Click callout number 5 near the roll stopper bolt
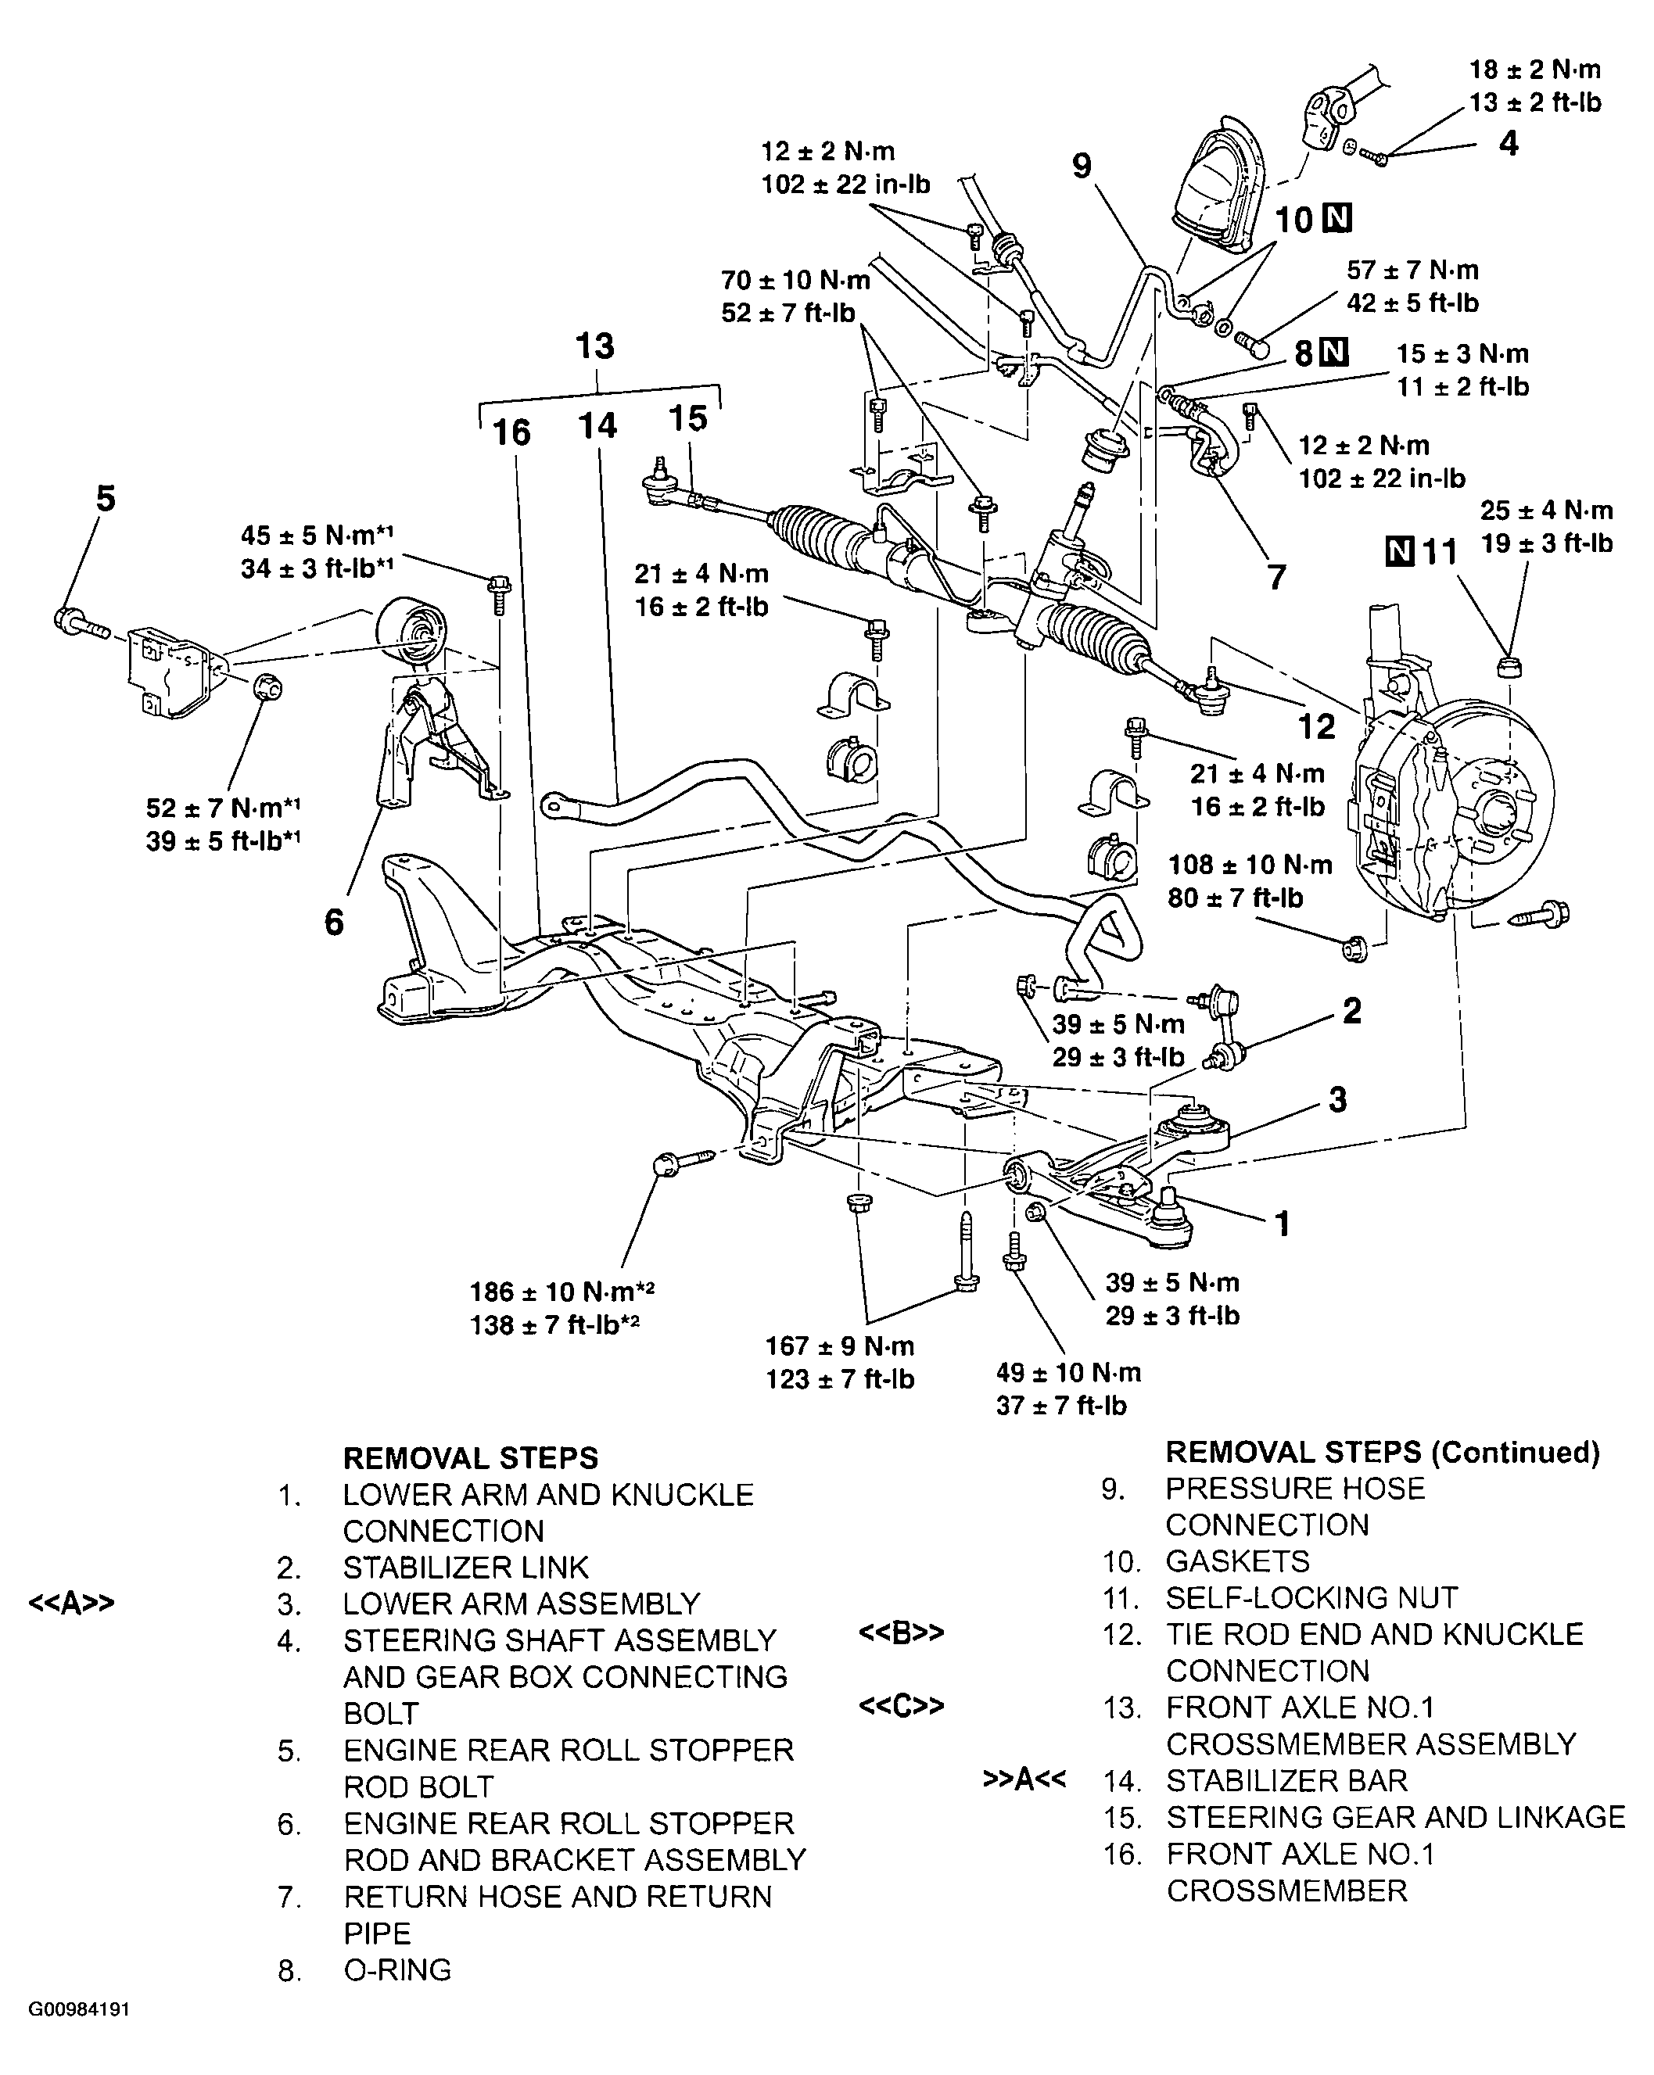[105, 499]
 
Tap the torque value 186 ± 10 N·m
[561, 1292]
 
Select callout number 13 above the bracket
[595, 346]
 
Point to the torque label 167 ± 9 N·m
[840, 1346]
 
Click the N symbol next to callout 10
[1337, 220]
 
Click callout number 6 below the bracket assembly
[333, 922]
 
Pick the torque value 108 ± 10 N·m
[1250, 864]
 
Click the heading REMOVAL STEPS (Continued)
[1382, 1453]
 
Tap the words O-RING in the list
[397, 1970]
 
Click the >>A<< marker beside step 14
[1024, 1779]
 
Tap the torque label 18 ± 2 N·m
[1534, 70]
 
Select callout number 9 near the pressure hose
[1082, 166]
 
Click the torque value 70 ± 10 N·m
[795, 280]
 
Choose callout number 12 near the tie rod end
[1316, 726]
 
